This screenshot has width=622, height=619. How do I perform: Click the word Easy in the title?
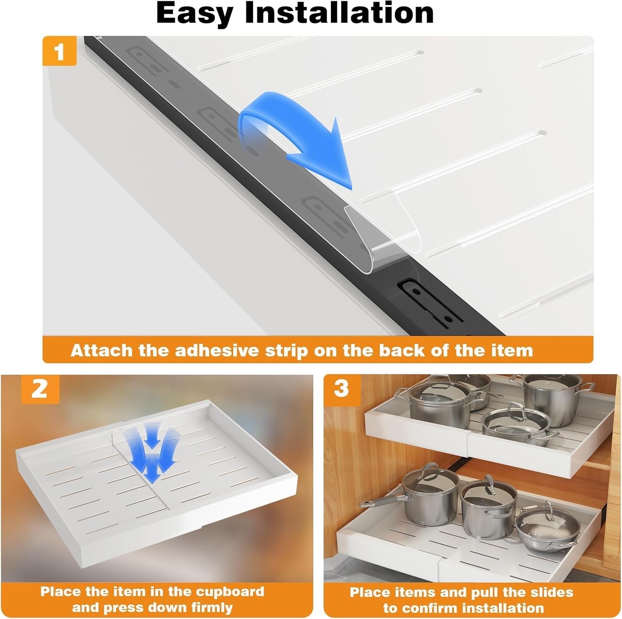(x=196, y=13)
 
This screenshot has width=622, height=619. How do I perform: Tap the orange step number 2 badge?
(x=40, y=389)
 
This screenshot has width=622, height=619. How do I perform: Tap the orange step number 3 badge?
(x=341, y=389)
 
